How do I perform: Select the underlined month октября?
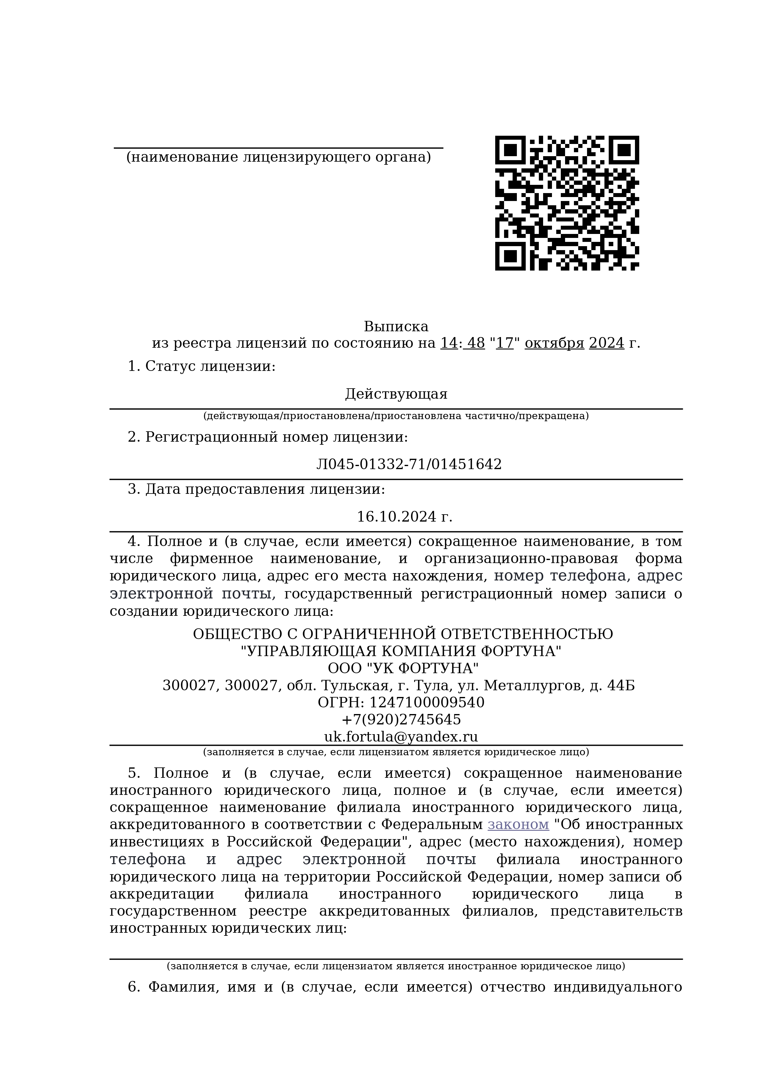(554, 343)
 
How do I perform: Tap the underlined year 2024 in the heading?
(607, 343)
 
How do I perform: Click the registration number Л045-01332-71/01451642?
(409, 464)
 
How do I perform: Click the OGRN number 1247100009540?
(427, 702)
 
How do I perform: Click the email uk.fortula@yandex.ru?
(401, 737)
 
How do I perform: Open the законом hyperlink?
(518, 824)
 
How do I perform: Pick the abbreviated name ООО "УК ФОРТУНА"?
(403, 668)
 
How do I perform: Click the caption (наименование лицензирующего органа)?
(278, 157)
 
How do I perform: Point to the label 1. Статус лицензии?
(201, 366)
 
